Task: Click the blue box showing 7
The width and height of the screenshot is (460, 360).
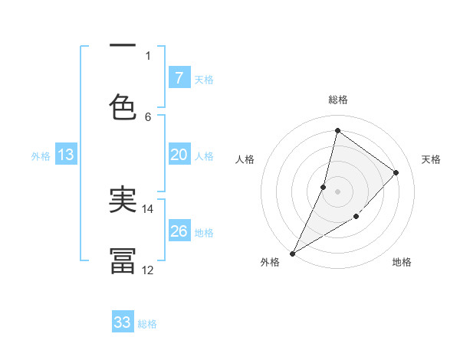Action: tap(179, 77)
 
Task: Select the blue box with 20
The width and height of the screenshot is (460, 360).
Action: tap(179, 155)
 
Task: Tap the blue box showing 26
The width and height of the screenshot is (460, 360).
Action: tap(179, 231)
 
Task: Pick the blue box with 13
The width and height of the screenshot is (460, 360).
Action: tap(66, 155)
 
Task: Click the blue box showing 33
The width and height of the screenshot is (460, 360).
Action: tap(123, 322)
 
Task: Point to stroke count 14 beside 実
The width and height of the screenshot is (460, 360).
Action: tap(148, 208)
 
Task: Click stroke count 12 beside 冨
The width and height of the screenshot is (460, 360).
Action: tap(148, 270)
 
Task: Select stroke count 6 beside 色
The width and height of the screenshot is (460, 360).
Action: tap(148, 116)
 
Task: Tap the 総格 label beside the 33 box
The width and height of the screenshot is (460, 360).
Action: tap(147, 324)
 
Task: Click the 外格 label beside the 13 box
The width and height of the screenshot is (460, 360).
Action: tap(41, 155)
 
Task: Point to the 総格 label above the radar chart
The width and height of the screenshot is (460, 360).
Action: tap(338, 100)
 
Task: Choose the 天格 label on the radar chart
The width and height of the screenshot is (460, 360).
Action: tap(431, 159)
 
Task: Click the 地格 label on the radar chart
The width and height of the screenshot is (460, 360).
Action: tap(402, 262)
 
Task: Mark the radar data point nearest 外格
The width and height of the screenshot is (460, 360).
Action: tap(292, 253)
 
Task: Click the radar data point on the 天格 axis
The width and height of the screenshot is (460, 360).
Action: tap(396, 172)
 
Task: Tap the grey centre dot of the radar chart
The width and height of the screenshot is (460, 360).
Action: tap(337, 191)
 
